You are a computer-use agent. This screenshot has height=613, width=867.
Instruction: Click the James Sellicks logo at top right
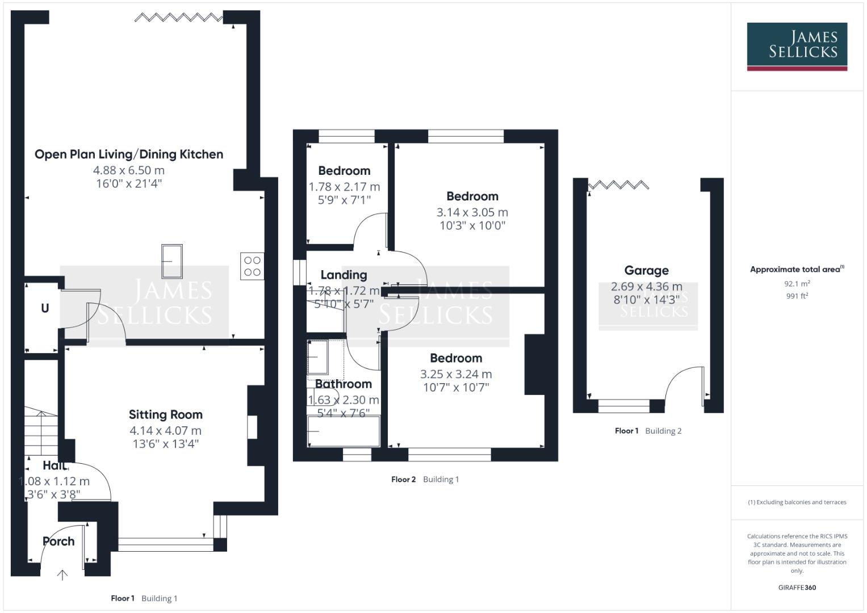797,46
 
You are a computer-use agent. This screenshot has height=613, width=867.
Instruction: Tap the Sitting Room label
165,415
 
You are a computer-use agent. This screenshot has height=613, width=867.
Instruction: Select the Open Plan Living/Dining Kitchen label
129,154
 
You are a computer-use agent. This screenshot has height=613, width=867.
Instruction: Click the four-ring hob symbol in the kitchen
252,266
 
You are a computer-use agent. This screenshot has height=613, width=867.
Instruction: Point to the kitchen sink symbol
171,261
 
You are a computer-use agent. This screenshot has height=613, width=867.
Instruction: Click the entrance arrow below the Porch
62,575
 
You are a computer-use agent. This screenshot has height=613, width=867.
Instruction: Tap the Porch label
58,541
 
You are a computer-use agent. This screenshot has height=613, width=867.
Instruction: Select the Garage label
646,271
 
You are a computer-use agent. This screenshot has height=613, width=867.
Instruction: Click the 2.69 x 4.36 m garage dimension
646,287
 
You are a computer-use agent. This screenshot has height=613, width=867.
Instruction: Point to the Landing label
344,275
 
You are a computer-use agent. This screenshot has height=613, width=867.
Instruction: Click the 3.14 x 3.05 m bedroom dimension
472,212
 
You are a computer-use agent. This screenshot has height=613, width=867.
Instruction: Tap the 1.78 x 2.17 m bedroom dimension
344,187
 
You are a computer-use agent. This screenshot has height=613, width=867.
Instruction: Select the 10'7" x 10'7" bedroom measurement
456,388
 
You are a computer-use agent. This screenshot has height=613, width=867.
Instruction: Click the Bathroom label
343,384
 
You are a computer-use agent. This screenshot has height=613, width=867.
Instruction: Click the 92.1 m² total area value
797,284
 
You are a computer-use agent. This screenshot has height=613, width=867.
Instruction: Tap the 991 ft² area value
797,296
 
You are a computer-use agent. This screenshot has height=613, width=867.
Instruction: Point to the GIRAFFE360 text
797,587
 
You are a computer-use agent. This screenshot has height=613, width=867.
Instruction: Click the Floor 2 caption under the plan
403,480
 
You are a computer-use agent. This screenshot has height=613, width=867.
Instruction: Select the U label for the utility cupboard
45,308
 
